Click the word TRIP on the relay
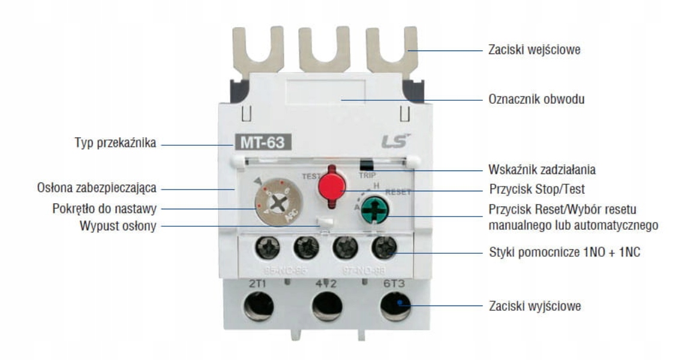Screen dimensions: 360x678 point(366,176)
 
